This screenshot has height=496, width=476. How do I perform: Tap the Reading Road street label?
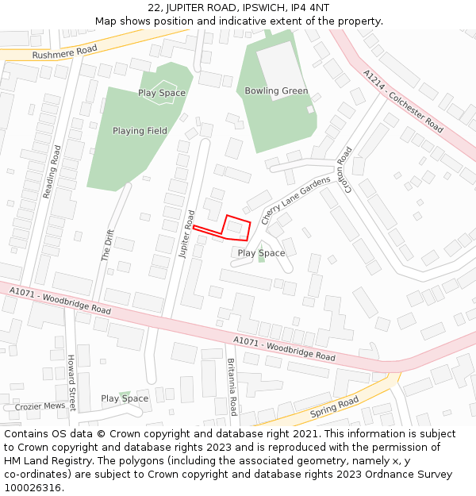tap(51, 171)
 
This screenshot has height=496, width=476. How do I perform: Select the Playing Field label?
tap(140, 131)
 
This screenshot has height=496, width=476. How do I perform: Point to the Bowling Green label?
tap(276, 91)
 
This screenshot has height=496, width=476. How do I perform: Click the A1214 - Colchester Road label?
tap(403, 101)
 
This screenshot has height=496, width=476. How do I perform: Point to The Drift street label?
tap(107, 245)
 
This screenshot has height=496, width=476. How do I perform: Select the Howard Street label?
tap(71, 383)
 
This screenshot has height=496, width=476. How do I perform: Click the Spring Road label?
tap(336, 407)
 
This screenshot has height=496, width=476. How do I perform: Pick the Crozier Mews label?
tap(40, 406)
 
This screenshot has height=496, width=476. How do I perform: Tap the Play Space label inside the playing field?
tap(162, 93)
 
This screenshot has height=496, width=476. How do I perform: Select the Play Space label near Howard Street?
tap(125, 398)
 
